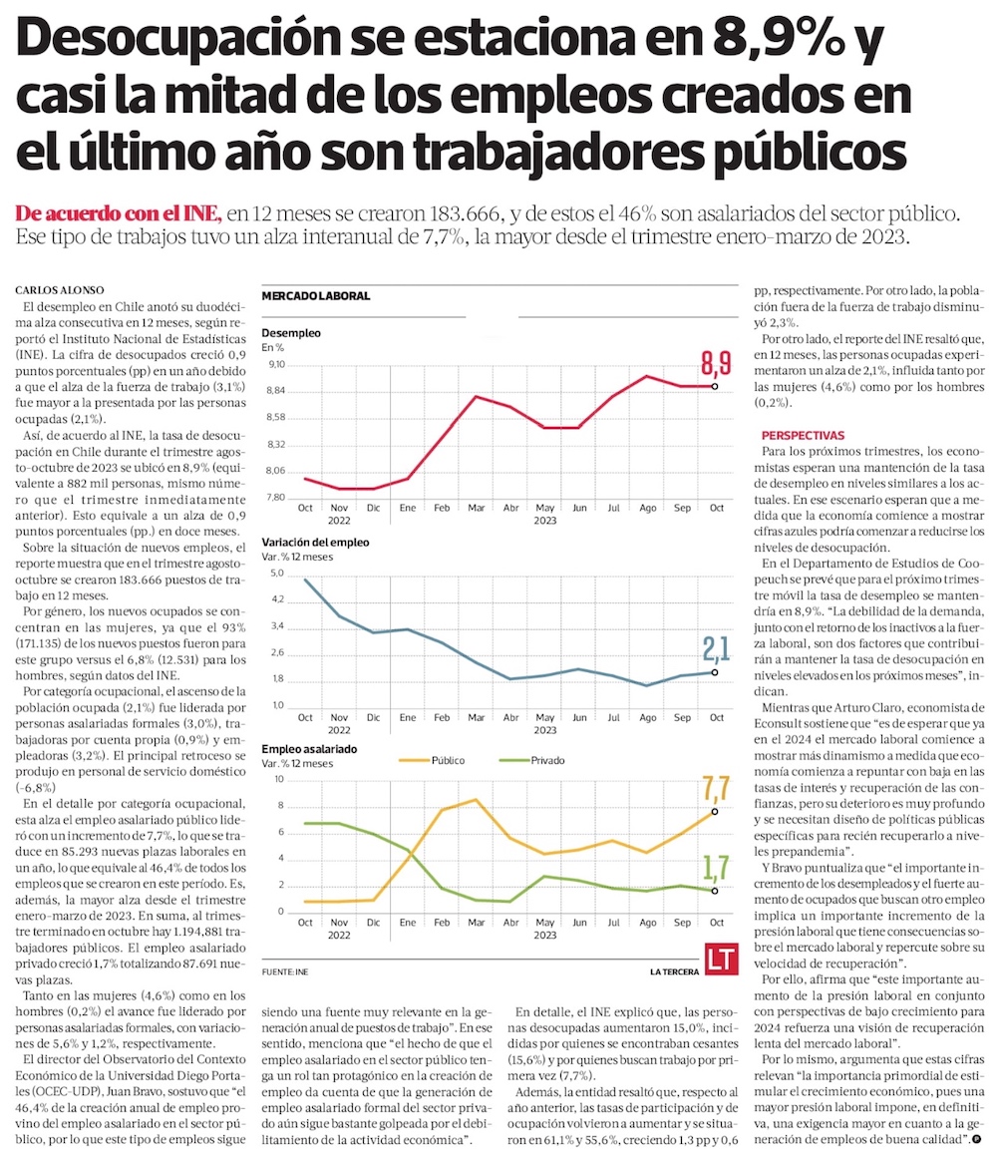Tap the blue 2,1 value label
pyautogui.click(x=717, y=649)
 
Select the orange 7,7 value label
pyautogui.click(x=717, y=789)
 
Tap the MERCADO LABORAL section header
pyautogui.click(x=315, y=296)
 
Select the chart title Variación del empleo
pyautogui.click(x=315, y=542)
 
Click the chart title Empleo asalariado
pyautogui.click(x=309, y=748)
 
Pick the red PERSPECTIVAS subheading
pyautogui.click(x=803, y=435)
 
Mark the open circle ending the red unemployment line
pyautogui.click(x=715, y=386)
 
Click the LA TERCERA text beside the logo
pyautogui.click(x=674, y=970)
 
